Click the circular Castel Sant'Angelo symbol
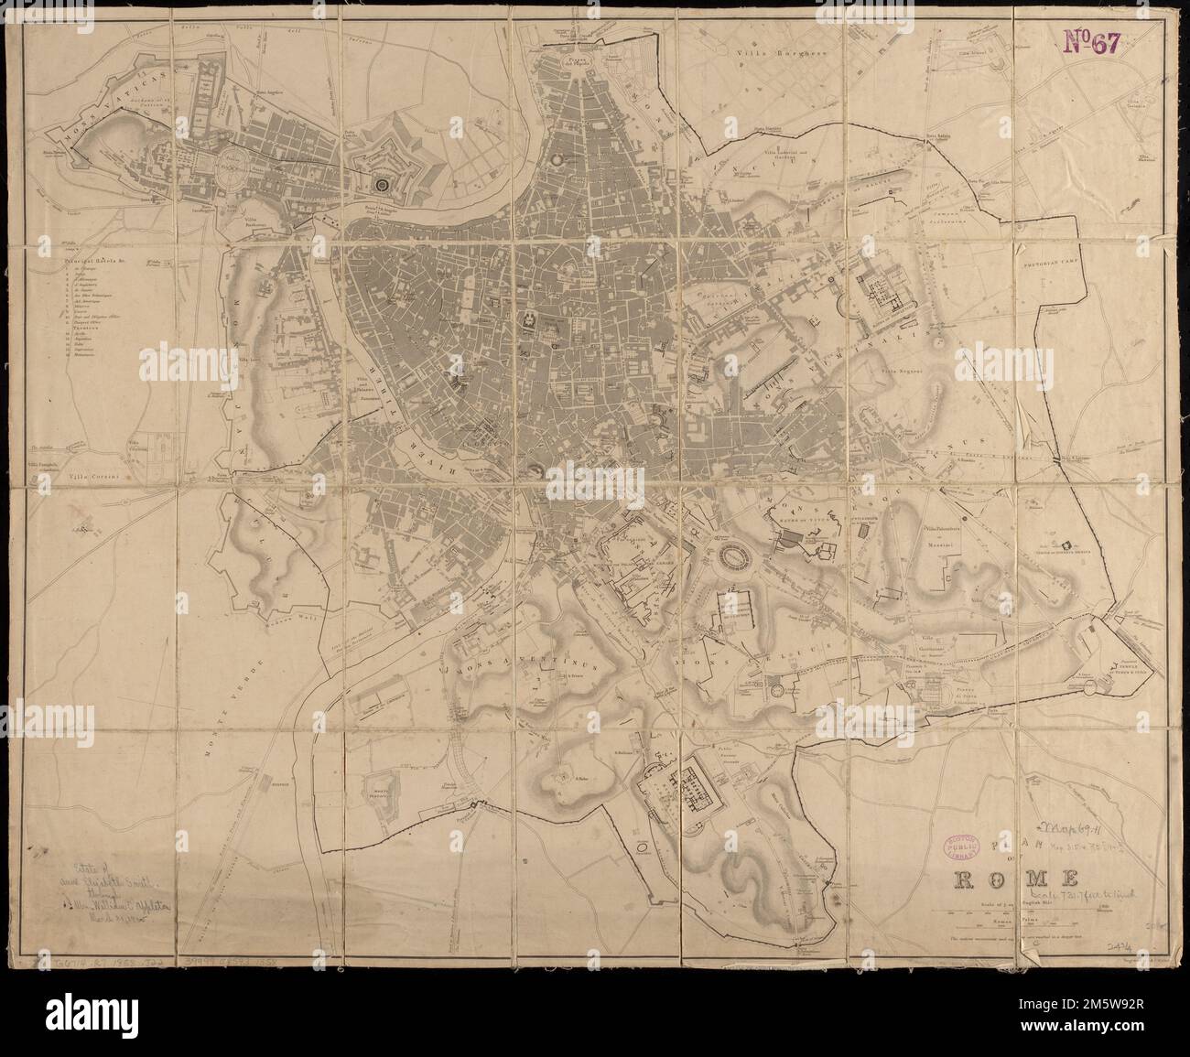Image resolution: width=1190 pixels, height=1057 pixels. click(x=383, y=184)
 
